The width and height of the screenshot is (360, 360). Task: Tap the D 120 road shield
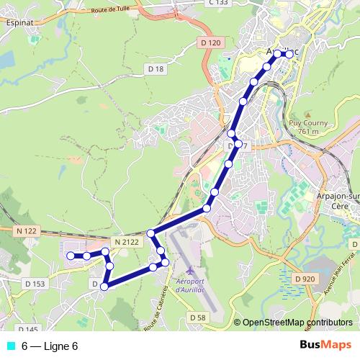[x=210, y=43]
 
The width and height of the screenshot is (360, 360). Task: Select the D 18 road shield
[x=156, y=68]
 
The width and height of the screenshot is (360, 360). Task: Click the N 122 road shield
[x=24, y=230]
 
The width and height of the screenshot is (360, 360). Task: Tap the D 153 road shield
[x=34, y=284]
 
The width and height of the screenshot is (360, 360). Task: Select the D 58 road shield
[x=198, y=317]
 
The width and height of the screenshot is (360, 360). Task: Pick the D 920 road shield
[x=305, y=278]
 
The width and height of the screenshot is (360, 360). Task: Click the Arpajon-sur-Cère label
[x=337, y=199]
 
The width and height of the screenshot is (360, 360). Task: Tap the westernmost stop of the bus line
[x=70, y=256]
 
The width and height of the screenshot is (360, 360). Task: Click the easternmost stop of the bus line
[x=290, y=54]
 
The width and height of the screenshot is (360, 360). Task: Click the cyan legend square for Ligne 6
[x=10, y=346]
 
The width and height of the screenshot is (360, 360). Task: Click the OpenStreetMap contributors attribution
[x=297, y=323]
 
